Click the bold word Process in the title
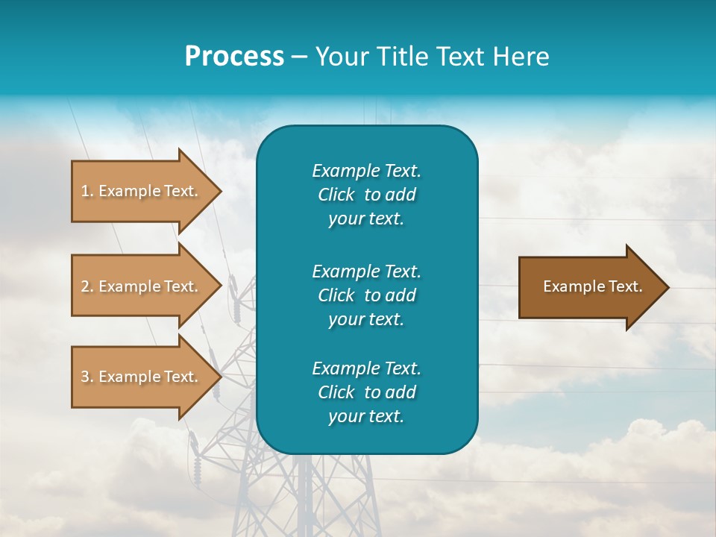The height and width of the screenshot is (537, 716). point(234,57)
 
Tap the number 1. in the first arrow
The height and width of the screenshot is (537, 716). point(87,191)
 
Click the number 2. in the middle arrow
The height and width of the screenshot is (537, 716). point(87,286)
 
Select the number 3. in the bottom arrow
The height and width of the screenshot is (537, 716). point(87,377)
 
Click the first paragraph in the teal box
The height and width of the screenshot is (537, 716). point(366,195)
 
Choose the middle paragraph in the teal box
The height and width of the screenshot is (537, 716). point(366,295)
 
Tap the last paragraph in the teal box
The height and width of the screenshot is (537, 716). point(366,392)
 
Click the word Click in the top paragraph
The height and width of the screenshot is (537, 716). point(336,195)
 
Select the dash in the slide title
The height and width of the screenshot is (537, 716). point(299,57)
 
